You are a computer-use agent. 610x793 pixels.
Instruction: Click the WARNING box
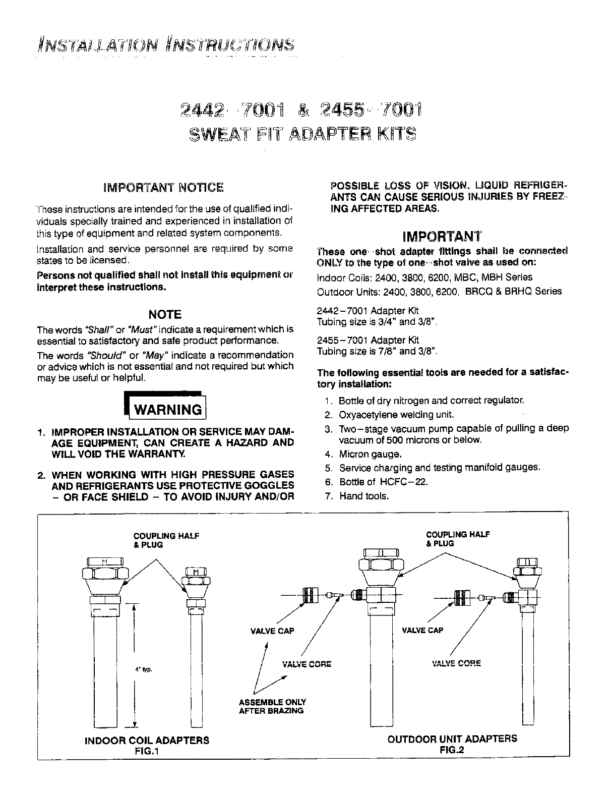click(166, 409)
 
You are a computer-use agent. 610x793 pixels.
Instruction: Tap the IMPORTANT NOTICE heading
click(163, 188)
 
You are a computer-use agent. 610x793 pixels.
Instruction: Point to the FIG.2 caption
click(452, 750)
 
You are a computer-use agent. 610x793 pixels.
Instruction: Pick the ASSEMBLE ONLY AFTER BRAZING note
click(272, 706)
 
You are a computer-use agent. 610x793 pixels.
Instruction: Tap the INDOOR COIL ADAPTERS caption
click(147, 740)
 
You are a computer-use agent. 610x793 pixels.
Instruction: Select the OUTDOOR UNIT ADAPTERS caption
click(452, 739)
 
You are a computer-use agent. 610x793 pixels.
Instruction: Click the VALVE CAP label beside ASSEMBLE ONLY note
click(272, 631)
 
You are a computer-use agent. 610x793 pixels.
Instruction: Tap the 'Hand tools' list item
click(364, 496)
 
